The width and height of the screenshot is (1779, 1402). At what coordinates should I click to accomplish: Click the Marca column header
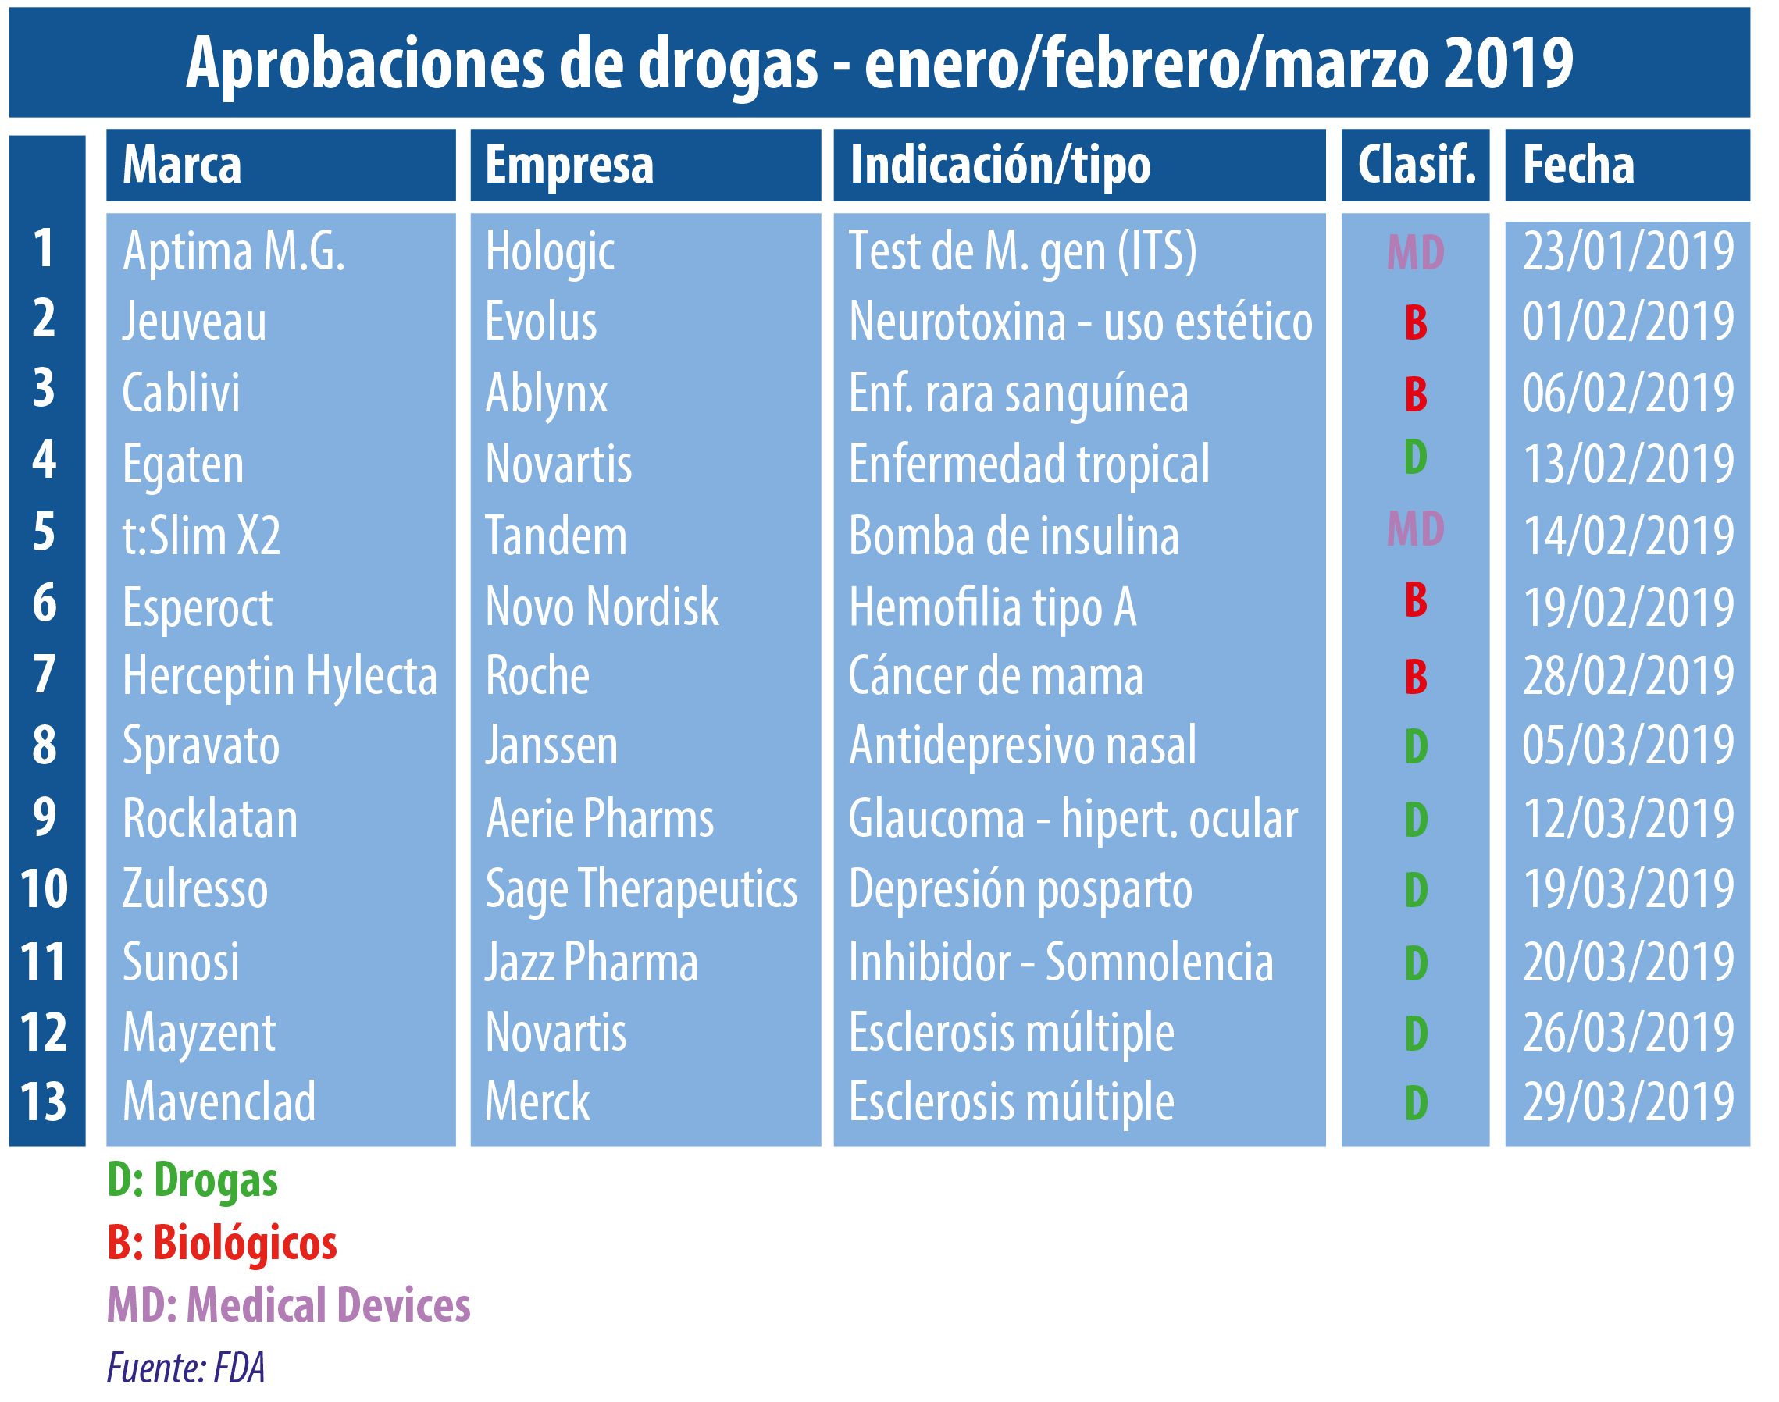click(181, 165)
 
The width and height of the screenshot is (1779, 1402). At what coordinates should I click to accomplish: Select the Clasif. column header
click(1415, 165)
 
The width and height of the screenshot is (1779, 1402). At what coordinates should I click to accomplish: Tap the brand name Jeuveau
click(194, 321)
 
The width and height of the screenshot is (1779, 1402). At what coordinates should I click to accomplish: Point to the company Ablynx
click(546, 393)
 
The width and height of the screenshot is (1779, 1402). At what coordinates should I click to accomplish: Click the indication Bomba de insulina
click(1013, 536)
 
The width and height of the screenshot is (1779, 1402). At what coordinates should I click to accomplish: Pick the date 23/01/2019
click(1628, 251)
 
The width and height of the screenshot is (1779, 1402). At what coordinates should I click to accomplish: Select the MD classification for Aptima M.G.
click(1415, 252)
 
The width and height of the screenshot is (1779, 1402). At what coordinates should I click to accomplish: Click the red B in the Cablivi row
click(1415, 394)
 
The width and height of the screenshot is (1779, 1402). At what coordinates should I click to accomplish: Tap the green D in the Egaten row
click(1415, 457)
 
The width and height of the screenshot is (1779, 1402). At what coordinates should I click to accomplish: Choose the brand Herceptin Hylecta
click(279, 676)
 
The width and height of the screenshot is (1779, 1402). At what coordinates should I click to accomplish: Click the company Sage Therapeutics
click(641, 890)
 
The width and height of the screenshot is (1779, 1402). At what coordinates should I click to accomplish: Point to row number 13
click(44, 1101)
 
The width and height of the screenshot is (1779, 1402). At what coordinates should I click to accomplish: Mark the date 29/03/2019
click(1628, 1101)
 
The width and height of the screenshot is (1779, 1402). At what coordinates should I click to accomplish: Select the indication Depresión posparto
click(1020, 890)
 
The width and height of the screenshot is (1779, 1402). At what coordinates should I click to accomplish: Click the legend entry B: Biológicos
click(222, 1243)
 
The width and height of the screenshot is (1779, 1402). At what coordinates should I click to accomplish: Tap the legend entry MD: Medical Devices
click(288, 1305)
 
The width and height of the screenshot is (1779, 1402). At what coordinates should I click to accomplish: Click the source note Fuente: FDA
click(186, 1368)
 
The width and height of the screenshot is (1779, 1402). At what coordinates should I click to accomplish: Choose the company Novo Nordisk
click(602, 607)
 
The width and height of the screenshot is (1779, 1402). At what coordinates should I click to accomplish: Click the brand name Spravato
click(201, 746)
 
